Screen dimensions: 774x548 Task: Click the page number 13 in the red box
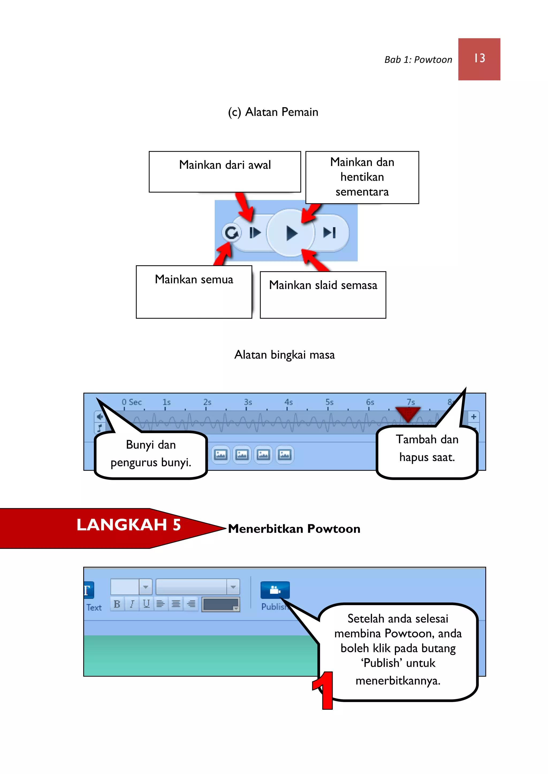pos(479,59)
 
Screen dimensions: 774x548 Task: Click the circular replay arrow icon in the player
pos(231,233)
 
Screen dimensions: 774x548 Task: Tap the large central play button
pos(291,233)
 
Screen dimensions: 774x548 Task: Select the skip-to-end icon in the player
pos(329,233)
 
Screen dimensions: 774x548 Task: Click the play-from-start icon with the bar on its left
pos(255,233)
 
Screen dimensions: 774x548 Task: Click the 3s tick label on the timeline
pos(248,402)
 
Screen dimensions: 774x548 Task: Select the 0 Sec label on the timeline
pos(132,402)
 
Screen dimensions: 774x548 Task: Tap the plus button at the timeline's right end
pos(473,417)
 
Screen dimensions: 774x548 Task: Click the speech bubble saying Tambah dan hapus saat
pos(427,449)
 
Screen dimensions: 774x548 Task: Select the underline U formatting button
pos(146,604)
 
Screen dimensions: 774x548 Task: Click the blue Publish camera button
pos(275,590)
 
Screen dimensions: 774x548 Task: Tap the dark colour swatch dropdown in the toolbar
pos(221,604)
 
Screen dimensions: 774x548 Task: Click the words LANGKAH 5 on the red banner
pos(128,525)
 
